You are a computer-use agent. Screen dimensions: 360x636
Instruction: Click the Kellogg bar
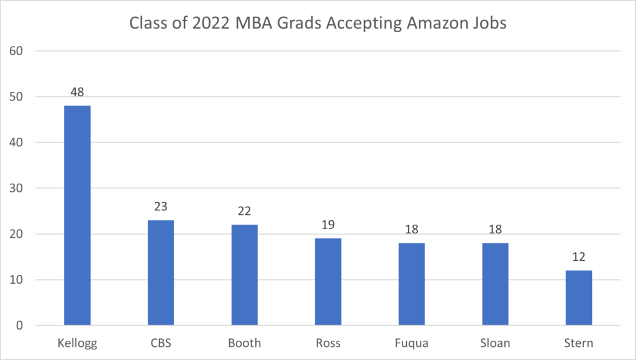pos(77,215)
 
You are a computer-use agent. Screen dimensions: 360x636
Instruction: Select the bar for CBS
pos(160,272)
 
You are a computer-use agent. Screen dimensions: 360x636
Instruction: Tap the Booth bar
pos(244,275)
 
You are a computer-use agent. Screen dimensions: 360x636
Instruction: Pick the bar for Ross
pos(328,282)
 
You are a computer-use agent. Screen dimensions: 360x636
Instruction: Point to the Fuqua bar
pos(411,284)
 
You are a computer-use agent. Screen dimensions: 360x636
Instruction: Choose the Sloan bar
pos(495,284)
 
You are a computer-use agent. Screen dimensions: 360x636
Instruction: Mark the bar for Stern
pos(579,298)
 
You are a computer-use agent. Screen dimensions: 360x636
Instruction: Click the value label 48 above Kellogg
pos(77,92)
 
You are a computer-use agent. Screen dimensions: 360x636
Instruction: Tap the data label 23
pos(160,207)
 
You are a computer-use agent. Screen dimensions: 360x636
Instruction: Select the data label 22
pos(244,211)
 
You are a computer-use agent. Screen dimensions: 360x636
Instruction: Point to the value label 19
pos(328,225)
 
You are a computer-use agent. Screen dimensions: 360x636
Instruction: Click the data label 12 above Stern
pos(579,257)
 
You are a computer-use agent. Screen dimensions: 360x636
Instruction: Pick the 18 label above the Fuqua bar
pos(411,230)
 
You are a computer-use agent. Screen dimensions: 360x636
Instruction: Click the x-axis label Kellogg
pos(77,343)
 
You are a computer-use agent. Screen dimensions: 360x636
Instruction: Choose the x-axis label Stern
pos(579,343)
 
